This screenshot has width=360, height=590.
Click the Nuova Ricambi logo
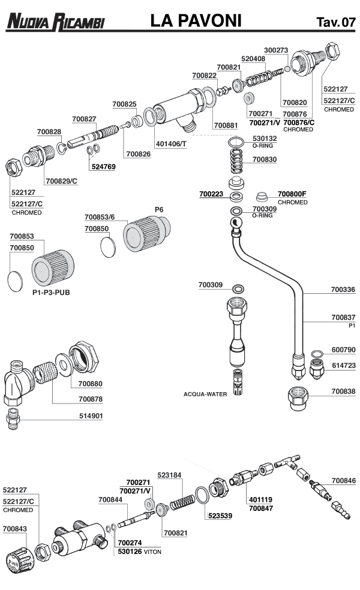(55, 23)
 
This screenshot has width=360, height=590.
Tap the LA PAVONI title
(196, 22)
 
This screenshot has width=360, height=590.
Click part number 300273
(276, 50)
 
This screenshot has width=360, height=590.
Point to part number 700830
(265, 159)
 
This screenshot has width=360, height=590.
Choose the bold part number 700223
(212, 194)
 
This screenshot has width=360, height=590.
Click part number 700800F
(292, 194)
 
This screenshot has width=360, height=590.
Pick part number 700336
(343, 290)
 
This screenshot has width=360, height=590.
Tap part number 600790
(343, 350)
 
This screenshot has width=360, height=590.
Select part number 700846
(343, 480)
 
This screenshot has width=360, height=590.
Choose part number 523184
(170, 474)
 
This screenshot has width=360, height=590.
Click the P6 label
(159, 209)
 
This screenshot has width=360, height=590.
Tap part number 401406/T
(171, 145)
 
